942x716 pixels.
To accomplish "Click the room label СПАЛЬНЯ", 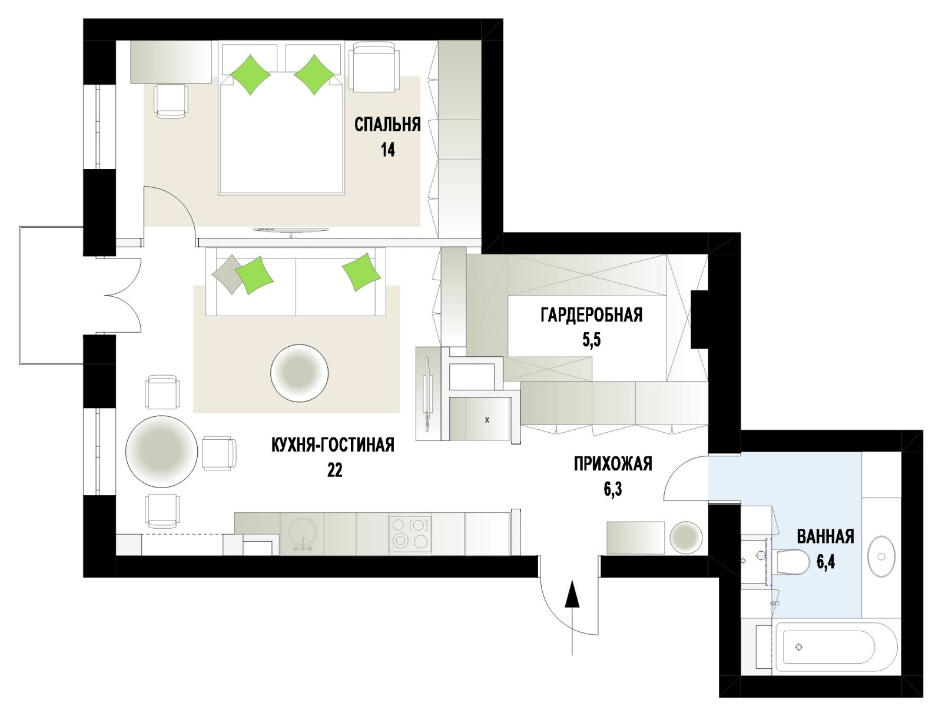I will click(387, 125).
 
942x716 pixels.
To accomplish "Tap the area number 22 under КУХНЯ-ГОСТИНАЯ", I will click(334, 470).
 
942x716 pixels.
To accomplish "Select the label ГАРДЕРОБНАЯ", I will click(591, 315).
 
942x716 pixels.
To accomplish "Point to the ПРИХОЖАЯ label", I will click(613, 463).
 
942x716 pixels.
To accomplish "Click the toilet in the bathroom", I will click(794, 562).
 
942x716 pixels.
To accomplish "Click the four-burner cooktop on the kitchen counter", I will click(410, 534).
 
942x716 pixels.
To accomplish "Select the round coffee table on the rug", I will click(299, 373).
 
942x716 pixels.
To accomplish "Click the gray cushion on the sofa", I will click(227, 273).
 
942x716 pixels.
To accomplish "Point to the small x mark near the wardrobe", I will click(487, 420).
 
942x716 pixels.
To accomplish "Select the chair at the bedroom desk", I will click(171, 101).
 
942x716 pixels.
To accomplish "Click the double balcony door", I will click(122, 296).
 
